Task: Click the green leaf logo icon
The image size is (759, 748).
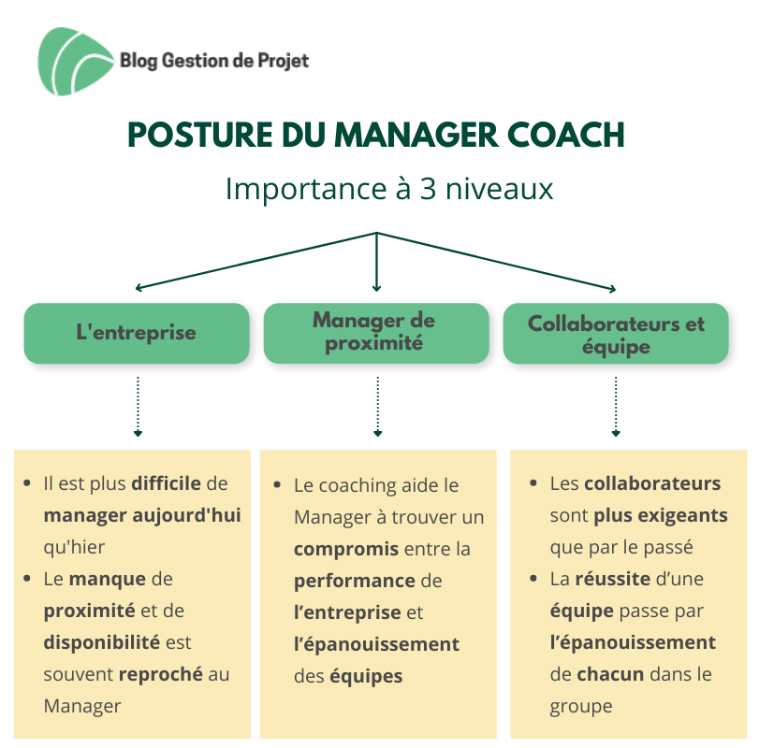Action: tap(75, 62)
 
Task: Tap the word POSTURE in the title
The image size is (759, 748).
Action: tap(200, 135)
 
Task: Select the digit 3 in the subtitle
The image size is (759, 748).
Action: tap(428, 189)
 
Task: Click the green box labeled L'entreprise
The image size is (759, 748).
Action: tap(137, 333)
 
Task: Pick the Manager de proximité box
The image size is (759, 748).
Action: tap(376, 333)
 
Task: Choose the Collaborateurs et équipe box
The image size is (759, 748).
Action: tap(616, 333)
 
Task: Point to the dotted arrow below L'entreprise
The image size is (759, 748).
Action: tap(138, 407)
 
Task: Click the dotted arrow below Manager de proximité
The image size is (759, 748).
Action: tap(377, 407)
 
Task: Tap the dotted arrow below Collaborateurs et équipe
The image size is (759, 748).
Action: tap(616, 407)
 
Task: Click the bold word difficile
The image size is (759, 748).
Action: tap(166, 483)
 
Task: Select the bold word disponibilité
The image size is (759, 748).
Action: tap(102, 642)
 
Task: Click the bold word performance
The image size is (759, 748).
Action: tap(355, 581)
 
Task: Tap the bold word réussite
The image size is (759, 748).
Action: tap(612, 579)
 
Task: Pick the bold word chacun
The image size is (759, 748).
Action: tap(609, 674)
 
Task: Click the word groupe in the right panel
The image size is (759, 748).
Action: tap(581, 707)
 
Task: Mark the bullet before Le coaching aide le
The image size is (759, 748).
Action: tap(277, 485)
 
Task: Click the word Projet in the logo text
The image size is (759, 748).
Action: tap(284, 61)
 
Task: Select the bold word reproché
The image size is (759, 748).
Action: tap(161, 674)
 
